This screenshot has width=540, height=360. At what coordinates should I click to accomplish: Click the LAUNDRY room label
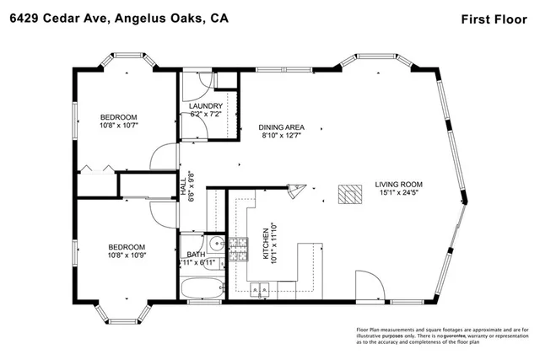pos(206,105)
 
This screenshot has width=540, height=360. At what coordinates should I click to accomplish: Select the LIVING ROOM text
pos(398,185)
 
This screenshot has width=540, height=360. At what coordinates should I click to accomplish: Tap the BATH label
pos(196,255)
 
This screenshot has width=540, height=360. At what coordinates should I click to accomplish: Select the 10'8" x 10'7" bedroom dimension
pos(118,126)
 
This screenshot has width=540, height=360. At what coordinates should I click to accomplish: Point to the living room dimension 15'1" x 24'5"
pos(398,193)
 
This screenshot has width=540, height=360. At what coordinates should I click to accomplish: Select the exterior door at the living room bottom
pos(366,287)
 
